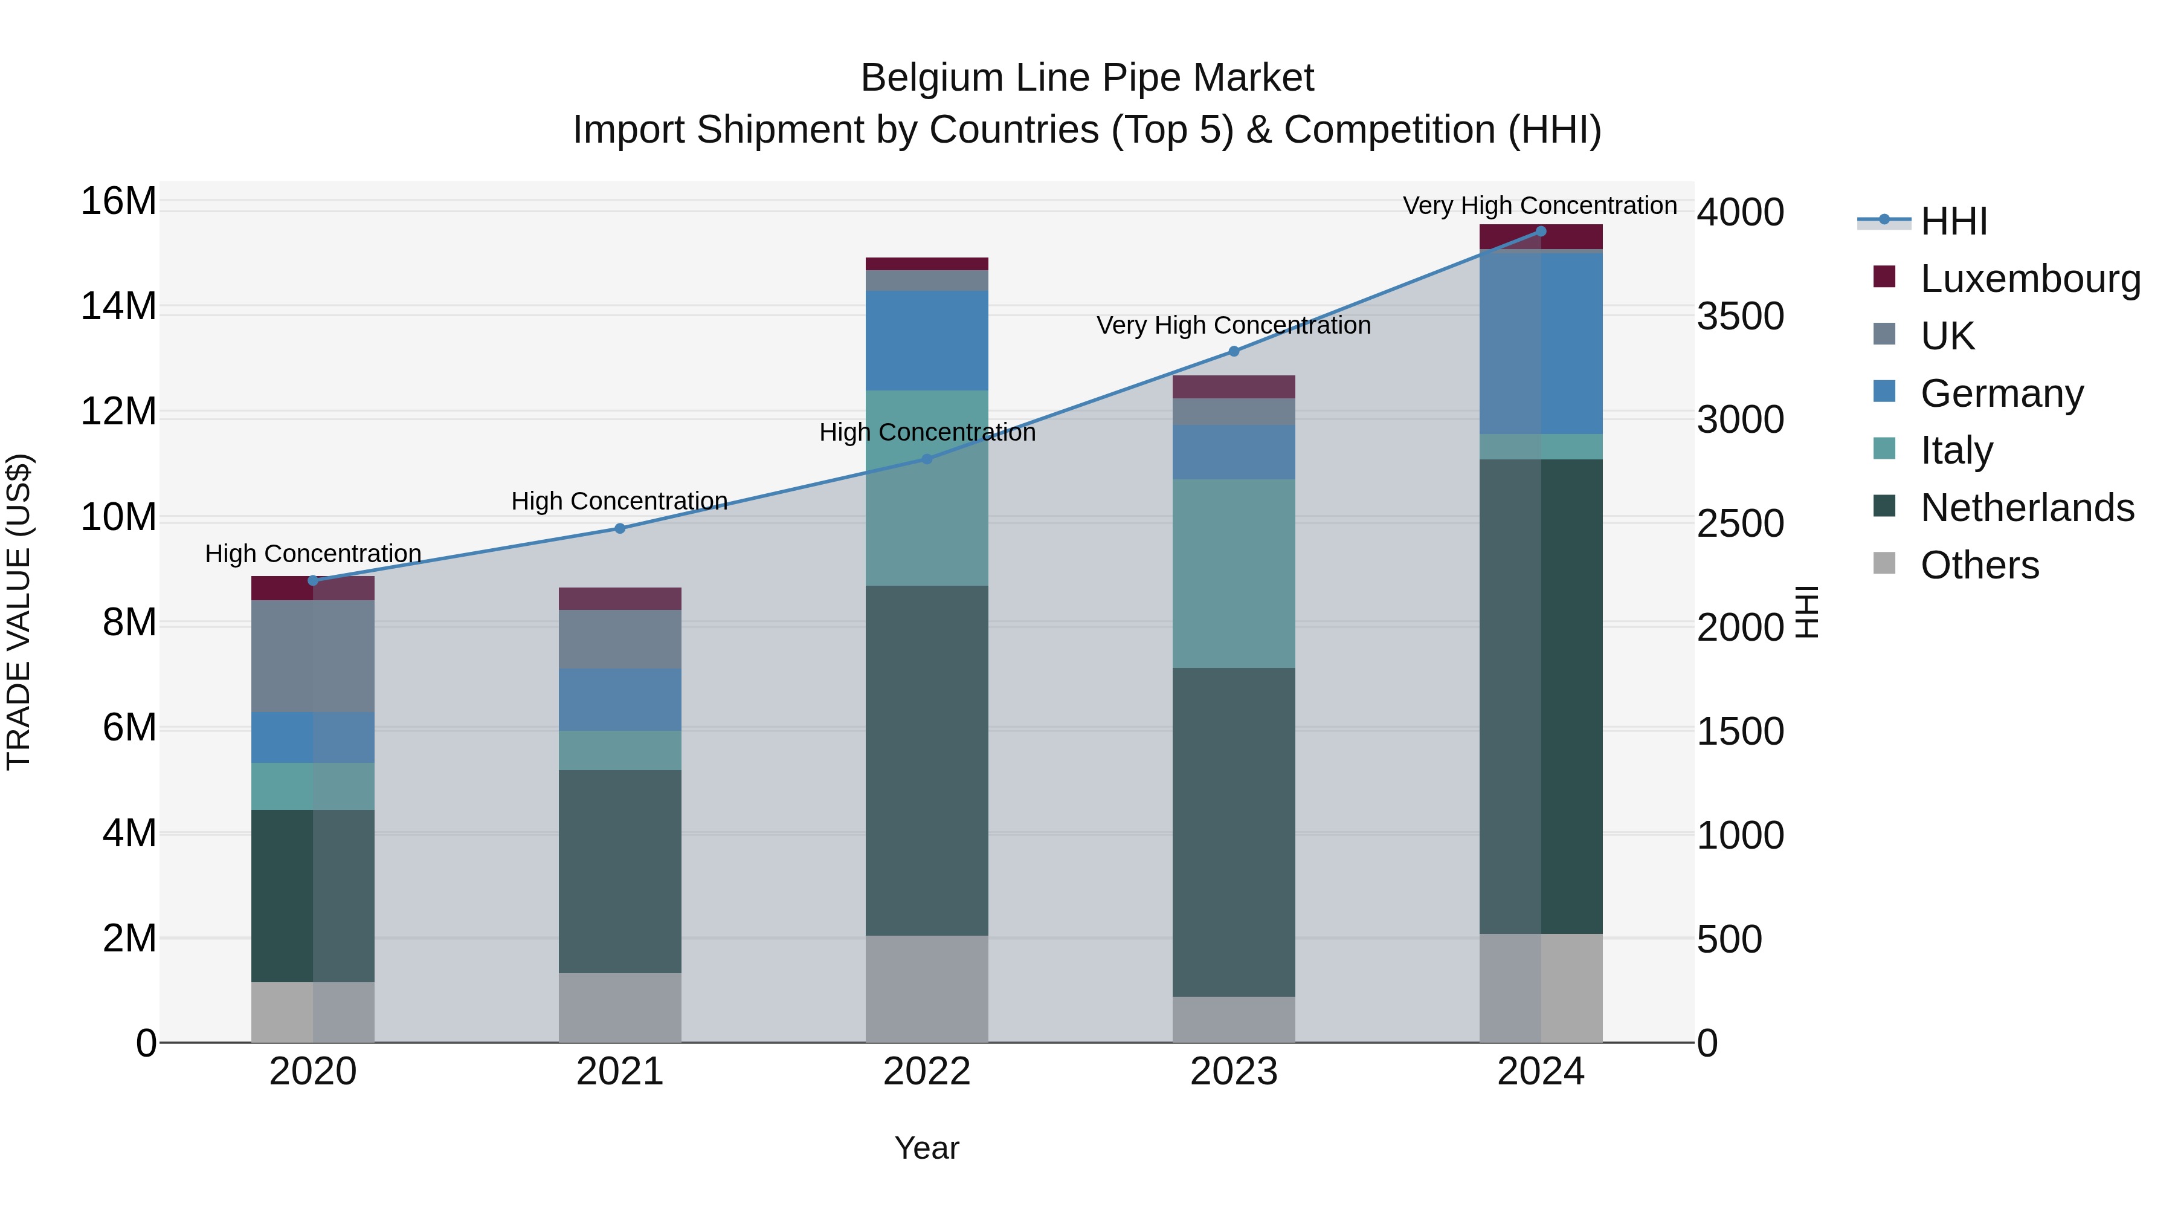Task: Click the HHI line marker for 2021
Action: click(620, 529)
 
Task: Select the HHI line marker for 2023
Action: click(1234, 351)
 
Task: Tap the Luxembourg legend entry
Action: click(2030, 279)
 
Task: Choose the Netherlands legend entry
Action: click(2026, 508)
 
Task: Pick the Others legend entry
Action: click(1979, 565)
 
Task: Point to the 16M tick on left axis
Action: click(118, 202)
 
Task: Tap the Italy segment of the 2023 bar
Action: click(1234, 574)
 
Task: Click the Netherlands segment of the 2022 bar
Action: click(926, 760)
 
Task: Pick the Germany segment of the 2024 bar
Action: click(1541, 342)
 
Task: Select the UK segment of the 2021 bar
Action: click(620, 640)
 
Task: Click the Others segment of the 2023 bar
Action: click(1234, 1020)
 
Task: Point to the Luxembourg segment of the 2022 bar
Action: click(926, 264)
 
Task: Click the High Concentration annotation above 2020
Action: click(313, 554)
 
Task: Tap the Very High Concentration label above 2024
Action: click(1539, 206)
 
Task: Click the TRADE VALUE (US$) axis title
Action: click(19, 612)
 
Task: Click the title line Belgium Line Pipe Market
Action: click(1087, 78)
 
